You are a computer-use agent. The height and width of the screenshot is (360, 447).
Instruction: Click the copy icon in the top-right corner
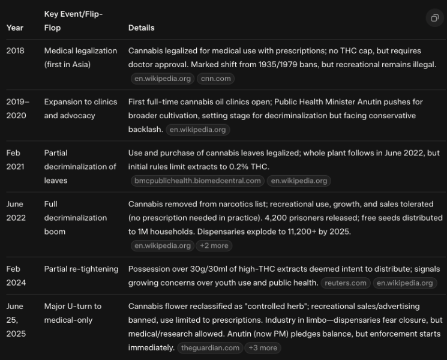(434, 19)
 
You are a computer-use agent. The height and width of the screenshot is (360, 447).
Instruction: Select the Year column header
(15, 28)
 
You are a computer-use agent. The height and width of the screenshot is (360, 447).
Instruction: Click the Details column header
(141, 28)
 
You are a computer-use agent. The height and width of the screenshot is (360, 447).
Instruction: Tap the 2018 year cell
(15, 51)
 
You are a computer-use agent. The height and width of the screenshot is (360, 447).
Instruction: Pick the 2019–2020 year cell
(17, 109)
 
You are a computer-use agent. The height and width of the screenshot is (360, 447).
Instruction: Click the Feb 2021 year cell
(15, 160)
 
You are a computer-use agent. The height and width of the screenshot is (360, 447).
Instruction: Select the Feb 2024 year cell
(15, 275)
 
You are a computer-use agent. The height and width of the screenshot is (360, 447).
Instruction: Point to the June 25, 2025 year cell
(16, 320)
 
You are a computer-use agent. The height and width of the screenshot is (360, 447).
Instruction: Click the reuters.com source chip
(345, 283)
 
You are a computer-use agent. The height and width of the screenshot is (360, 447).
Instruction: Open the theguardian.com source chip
(211, 347)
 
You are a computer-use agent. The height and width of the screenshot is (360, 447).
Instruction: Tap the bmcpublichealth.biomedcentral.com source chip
(197, 181)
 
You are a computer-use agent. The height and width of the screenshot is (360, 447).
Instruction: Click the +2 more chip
(214, 245)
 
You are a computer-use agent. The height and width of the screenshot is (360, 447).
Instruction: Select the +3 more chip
(263, 347)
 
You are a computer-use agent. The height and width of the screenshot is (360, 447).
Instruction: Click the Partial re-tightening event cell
(81, 269)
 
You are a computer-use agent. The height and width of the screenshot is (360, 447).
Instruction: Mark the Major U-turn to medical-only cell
(73, 313)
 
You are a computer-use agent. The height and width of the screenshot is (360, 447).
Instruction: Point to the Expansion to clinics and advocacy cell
(80, 109)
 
